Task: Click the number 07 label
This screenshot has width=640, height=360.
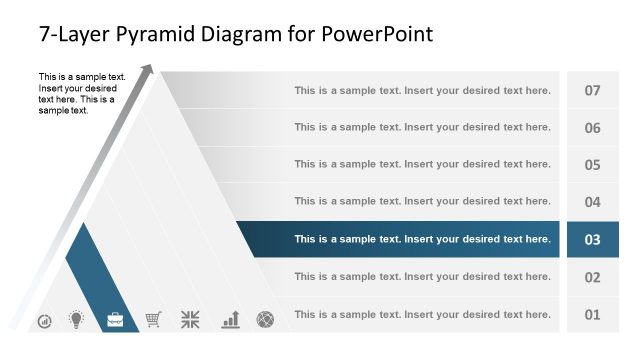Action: point(592,91)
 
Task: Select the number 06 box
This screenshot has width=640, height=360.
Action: point(592,128)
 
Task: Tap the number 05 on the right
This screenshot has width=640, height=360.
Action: point(592,165)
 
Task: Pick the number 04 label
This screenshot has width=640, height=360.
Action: point(592,202)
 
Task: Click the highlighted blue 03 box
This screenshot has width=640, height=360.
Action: point(592,239)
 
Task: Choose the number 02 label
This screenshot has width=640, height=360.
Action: point(592,277)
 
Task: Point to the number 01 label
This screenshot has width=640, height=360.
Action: point(592,315)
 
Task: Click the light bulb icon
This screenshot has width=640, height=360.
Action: point(76,319)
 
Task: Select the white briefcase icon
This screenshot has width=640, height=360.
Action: point(116,320)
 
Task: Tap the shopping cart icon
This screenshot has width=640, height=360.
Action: point(153,319)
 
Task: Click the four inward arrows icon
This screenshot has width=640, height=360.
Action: point(190,319)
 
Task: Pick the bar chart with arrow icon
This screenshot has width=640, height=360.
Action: point(230,319)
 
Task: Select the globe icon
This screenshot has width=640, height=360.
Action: point(265,319)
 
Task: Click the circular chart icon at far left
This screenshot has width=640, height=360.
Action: point(44,321)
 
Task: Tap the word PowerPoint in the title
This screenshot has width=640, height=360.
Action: point(377,34)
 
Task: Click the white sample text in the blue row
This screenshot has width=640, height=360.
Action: point(422,239)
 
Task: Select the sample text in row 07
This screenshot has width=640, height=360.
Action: point(422,91)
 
